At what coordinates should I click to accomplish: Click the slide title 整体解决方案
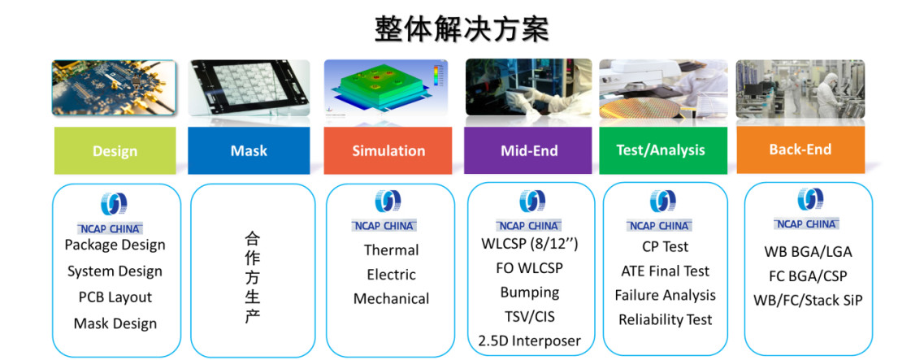pyautogui.click(x=461, y=29)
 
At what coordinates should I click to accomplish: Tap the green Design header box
pyautogui.click(x=115, y=150)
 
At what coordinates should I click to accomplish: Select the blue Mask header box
pyautogui.click(x=249, y=150)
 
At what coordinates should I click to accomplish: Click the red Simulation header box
pyautogui.click(x=388, y=150)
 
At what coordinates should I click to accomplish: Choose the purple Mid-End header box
pyautogui.click(x=527, y=150)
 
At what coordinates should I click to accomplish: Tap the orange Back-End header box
pyautogui.click(x=800, y=150)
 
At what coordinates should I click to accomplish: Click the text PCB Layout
pyautogui.click(x=115, y=297)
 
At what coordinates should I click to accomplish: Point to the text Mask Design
pyautogui.click(x=115, y=323)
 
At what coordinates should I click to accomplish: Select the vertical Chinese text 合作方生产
pyautogui.click(x=252, y=278)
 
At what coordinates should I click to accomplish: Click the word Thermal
pyautogui.click(x=391, y=250)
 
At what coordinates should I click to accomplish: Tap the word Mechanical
pyautogui.click(x=391, y=299)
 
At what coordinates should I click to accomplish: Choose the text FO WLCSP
pyautogui.click(x=529, y=268)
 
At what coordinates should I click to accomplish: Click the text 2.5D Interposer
pyautogui.click(x=529, y=340)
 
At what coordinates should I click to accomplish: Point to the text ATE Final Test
pyautogui.click(x=665, y=271)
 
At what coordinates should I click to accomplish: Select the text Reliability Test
pyautogui.click(x=665, y=320)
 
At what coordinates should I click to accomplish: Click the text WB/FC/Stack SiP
pyautogui.click(x=808, y=301)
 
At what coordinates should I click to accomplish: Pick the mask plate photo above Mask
pyautogui.click(x=249, y=88)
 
